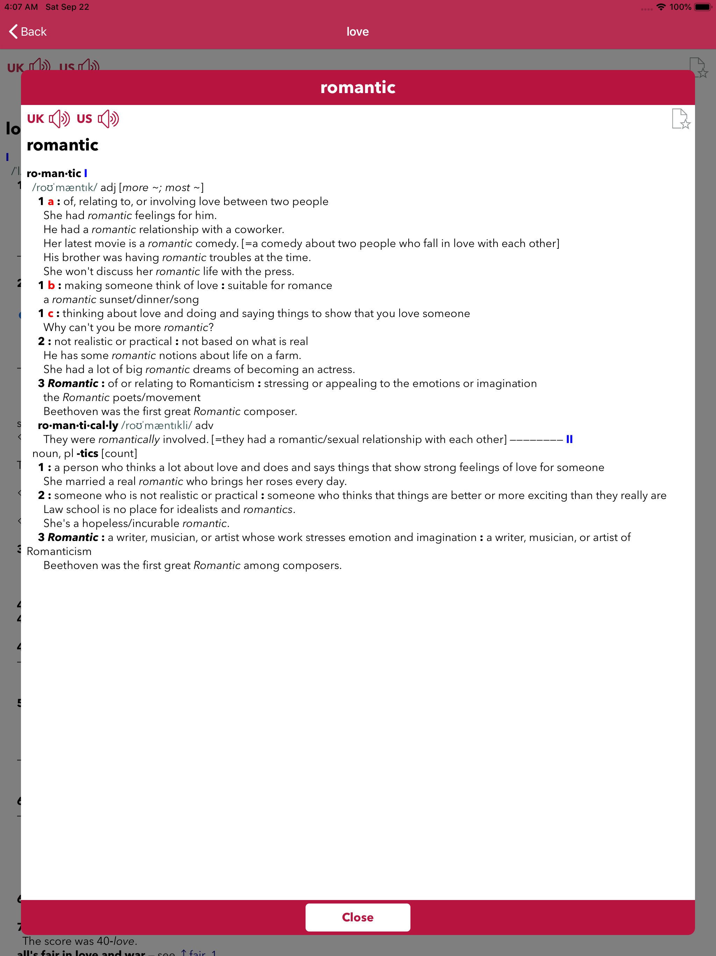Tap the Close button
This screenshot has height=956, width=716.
(358, 917)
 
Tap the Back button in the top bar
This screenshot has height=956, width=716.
(28, 31)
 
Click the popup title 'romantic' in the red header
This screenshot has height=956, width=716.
(358, 87)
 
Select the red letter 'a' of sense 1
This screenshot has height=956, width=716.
(51, 202)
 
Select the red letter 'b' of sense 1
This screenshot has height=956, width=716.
(51, 285)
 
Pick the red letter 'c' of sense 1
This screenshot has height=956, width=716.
(51, 313)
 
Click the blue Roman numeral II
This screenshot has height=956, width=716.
(569, 440)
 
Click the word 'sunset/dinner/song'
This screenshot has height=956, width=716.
(149, 300)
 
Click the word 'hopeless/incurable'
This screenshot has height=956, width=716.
(130, 523)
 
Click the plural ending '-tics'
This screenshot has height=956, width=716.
(87, 454)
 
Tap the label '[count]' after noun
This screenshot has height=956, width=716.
(119, 454)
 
